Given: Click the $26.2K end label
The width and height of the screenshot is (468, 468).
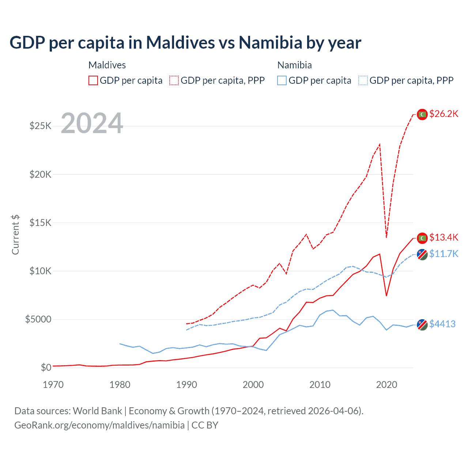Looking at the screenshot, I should coord(444,114).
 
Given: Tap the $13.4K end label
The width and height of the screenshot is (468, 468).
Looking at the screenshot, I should coord(444,238).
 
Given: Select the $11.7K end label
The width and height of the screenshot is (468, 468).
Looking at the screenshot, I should coord(444,254).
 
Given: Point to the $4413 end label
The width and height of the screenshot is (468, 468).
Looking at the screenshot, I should coord(442,324).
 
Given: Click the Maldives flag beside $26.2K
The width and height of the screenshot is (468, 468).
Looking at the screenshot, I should coord(422,114).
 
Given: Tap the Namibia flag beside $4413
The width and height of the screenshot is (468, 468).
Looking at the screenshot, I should coord(422,325).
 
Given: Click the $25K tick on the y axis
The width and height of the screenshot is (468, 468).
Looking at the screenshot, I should coord(41,126).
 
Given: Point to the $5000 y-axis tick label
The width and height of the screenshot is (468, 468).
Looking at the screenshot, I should coord(38,320).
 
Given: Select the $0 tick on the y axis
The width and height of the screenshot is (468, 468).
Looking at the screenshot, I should coord(46,367).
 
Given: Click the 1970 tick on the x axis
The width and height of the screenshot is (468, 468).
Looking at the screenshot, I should coord(53,385).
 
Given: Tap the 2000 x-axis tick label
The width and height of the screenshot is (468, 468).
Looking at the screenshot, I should coord(253,385).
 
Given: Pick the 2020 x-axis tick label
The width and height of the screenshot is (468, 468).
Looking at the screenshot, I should coord(386,385).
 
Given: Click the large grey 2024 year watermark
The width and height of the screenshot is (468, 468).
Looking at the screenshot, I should coord(92,123).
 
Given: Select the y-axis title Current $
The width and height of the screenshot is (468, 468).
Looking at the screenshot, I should coord(15,234).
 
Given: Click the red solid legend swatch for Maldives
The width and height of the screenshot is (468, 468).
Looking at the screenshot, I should coord(93,80).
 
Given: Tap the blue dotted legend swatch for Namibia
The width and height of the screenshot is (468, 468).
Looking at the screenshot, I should coord(363,80).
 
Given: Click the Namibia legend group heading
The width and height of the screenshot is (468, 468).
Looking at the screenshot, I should coord(295,65).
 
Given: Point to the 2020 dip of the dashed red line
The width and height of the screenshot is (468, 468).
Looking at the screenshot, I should coord(386,237).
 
